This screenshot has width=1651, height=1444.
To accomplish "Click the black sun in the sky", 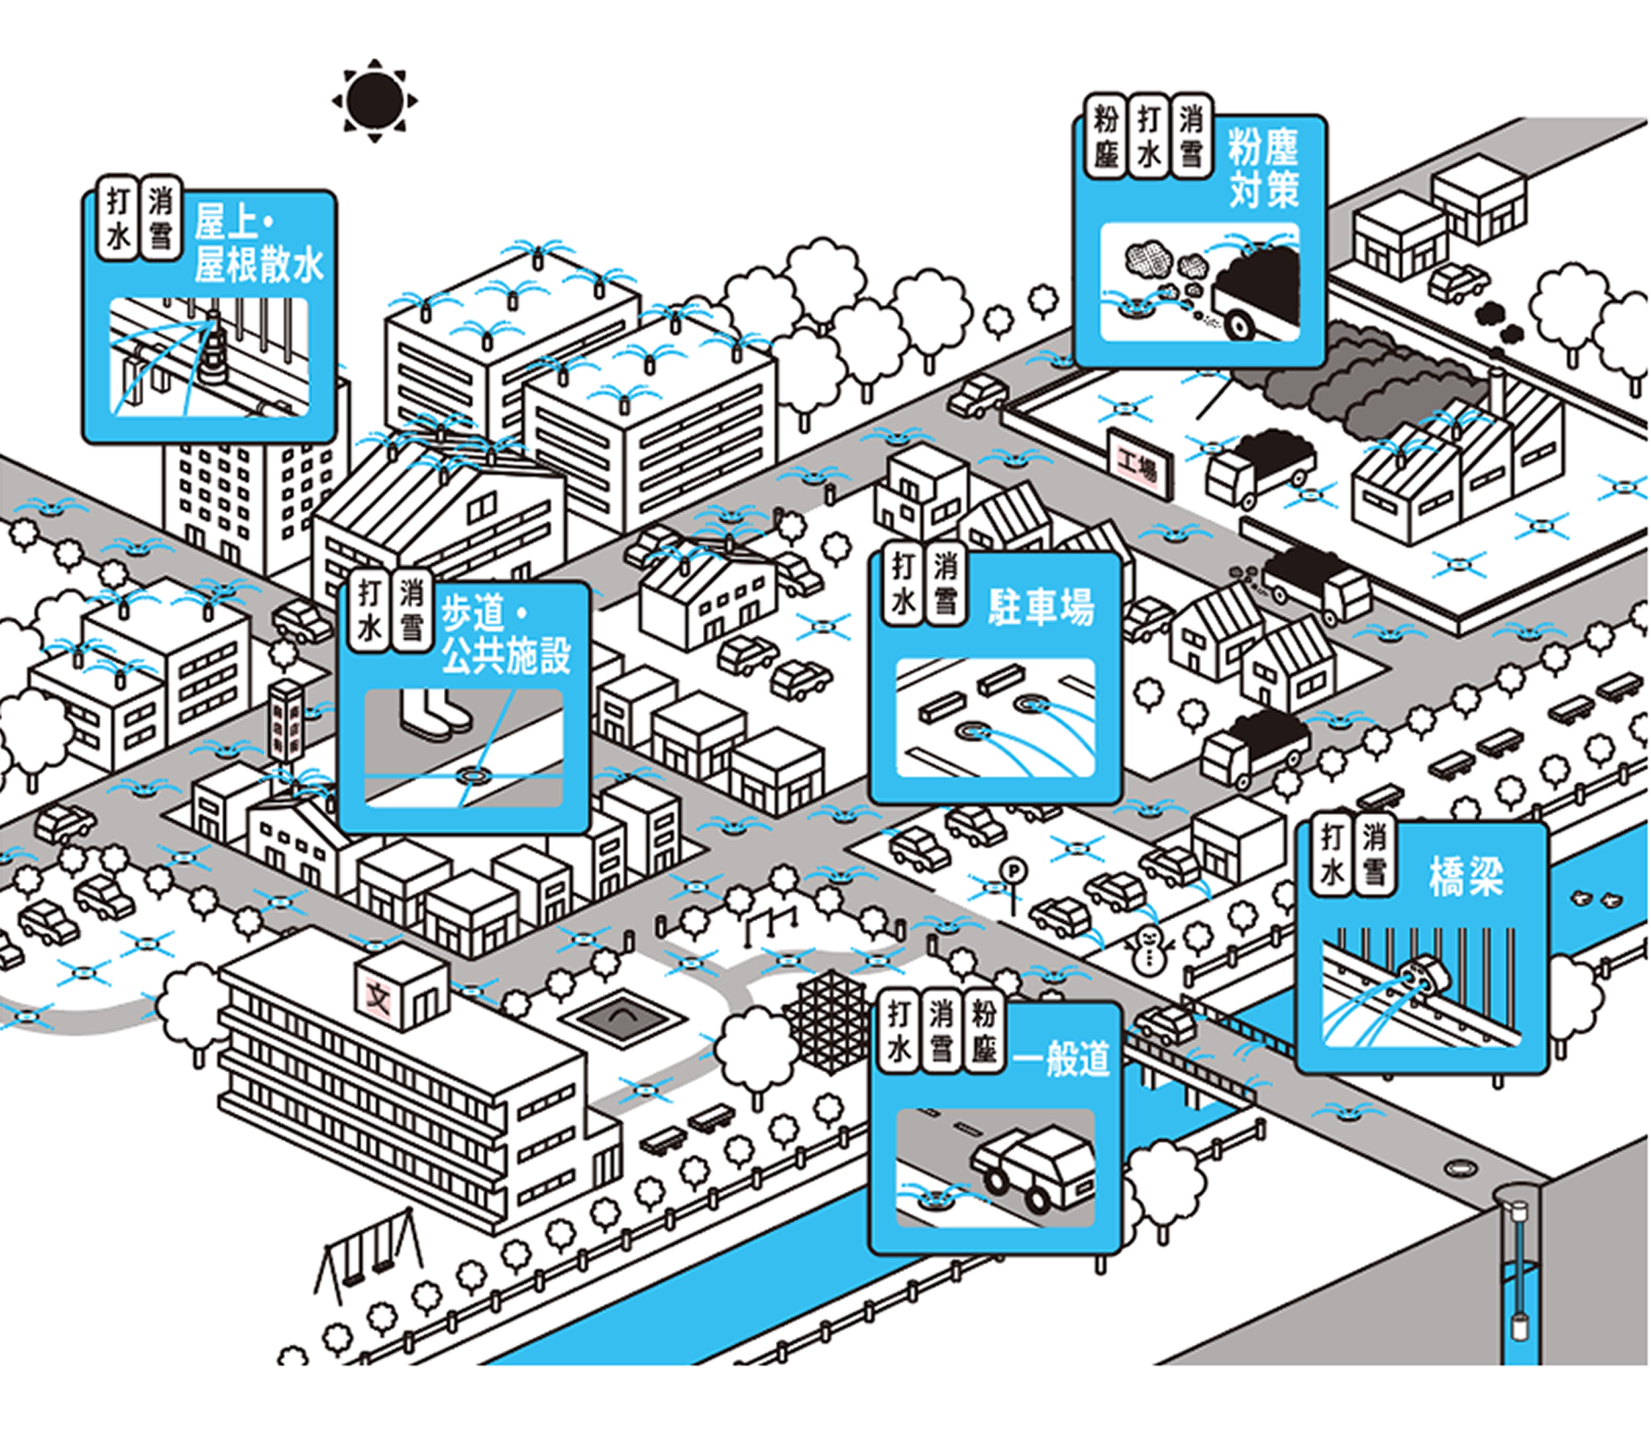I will point(375,100).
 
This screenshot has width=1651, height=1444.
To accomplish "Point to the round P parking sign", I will point(1012,871).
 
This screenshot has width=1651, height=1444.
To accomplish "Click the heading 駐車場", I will point(1041,606).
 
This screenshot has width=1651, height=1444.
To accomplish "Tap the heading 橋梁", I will point(1466,876).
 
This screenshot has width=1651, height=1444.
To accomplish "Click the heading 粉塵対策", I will point(1264,168).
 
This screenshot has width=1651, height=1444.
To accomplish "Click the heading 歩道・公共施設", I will point(506,634).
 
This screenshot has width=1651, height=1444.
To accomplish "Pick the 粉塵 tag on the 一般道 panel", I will point(984,1031).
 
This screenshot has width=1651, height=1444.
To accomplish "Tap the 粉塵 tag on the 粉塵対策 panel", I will point(1106,136).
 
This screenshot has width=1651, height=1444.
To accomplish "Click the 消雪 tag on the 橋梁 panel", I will point(1374,854).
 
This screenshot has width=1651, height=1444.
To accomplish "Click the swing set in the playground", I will point(369,1257).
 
